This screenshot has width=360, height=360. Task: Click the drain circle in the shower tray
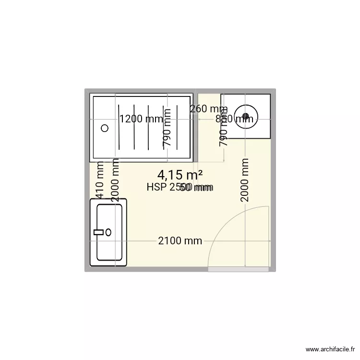point(105,128)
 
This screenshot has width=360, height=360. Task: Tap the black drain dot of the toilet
point(246,116)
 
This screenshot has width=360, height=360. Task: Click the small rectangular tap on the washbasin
point(99,232)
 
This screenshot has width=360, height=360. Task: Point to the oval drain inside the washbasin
point(108,232)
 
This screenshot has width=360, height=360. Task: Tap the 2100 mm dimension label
point(180,241)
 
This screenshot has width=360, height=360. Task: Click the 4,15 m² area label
point(180,176)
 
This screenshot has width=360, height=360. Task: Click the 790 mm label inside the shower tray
point(167,128)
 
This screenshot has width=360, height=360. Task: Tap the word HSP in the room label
point(156,188)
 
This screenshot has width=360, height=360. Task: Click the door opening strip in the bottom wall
point(238,270)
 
